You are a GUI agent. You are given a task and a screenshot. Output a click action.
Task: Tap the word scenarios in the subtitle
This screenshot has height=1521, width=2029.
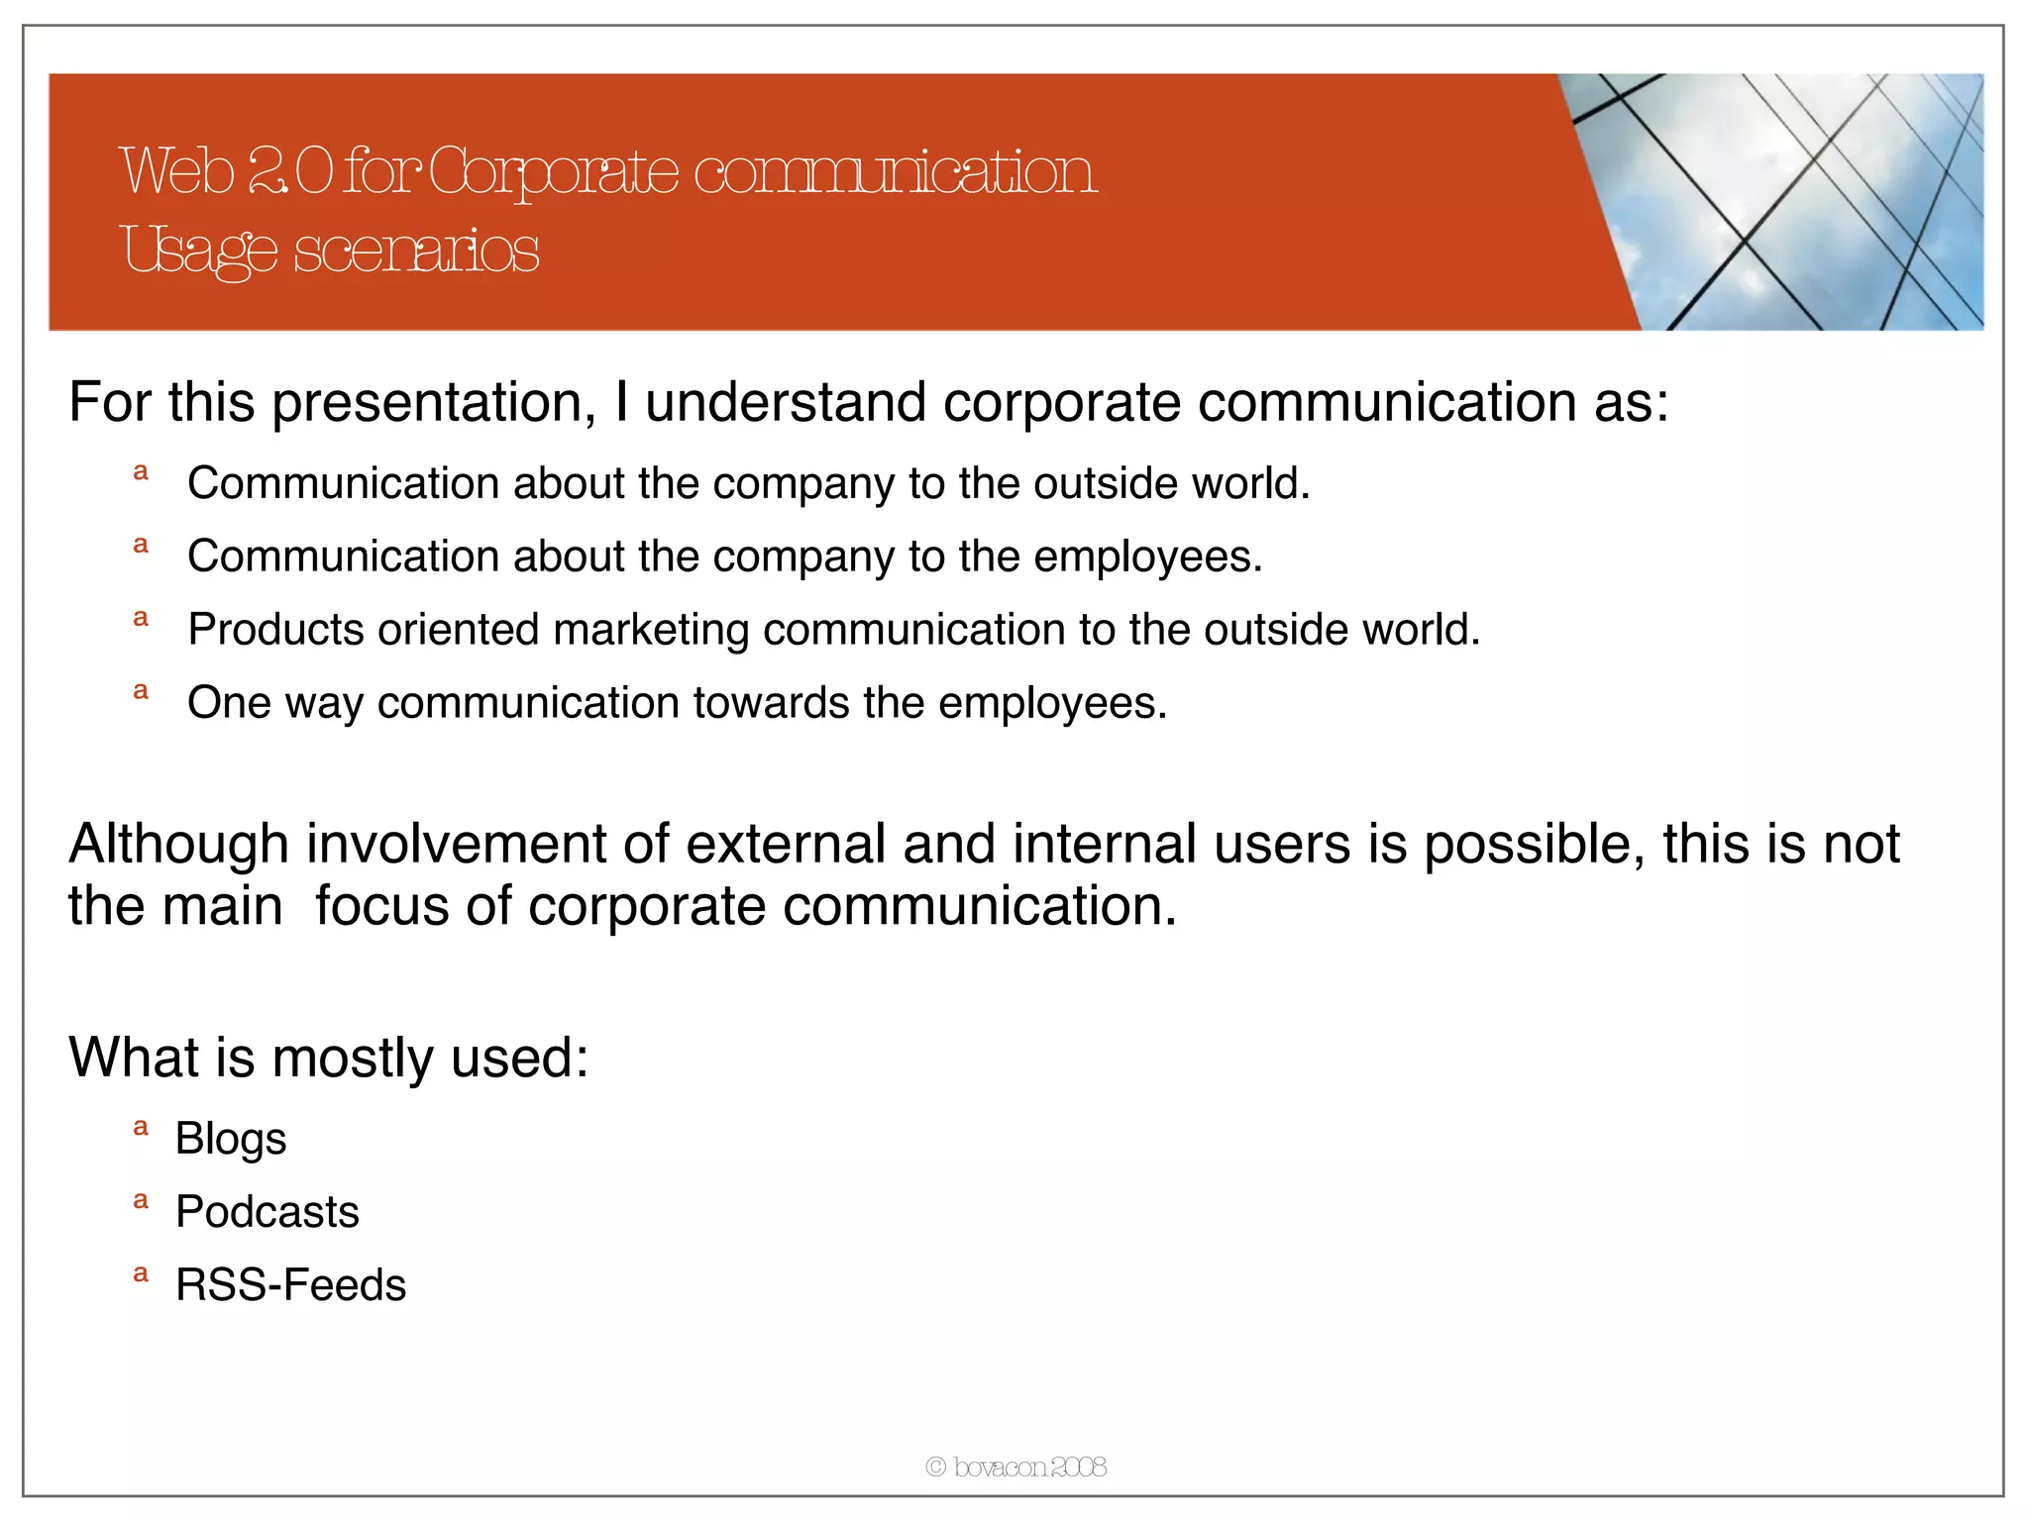pos(416,250)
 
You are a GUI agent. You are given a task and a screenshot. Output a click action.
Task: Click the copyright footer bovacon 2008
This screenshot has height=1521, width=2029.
pos(1015,1467)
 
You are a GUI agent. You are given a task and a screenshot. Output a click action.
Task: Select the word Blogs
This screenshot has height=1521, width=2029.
pos(231,1139)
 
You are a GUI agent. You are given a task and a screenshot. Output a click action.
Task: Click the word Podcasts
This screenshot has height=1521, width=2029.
pos(267,1212)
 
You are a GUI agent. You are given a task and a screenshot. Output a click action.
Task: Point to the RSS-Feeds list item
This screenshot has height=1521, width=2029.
pos(290,1285)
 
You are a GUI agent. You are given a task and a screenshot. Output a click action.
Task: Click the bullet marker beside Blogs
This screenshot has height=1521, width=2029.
pos(141,1128)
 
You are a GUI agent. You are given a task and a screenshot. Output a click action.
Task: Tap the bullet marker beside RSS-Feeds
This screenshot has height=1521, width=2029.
pos(141,1274)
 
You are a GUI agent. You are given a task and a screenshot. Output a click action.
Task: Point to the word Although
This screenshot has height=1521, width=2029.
pos(178,844)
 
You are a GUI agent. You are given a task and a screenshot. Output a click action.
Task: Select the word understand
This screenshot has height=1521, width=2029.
pos(786,403)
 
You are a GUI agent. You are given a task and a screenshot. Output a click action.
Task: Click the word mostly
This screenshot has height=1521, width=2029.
pos(353,1058)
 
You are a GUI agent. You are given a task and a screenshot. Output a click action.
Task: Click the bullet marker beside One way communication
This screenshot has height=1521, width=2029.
pos(141,692)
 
